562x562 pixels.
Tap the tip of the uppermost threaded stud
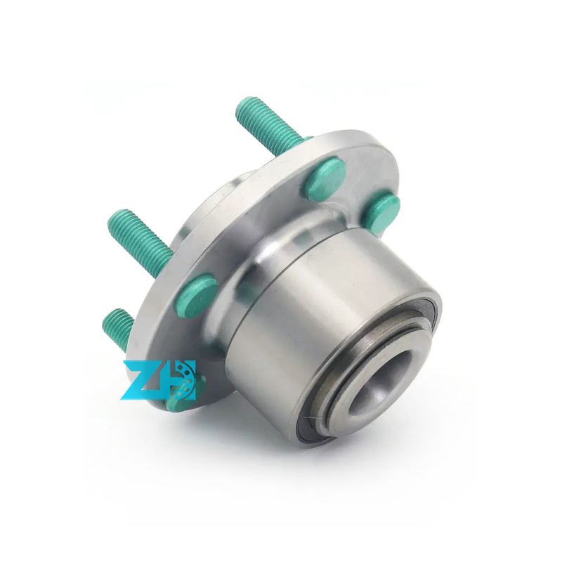pyautogui.click(x=241, y=103)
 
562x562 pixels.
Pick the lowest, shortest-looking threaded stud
pyautogui.click(x=119, y=328)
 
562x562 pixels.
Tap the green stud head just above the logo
pyautogui.click(x=197, y=294)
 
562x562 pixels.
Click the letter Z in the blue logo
pyautogui.click(x=143, y=380)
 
